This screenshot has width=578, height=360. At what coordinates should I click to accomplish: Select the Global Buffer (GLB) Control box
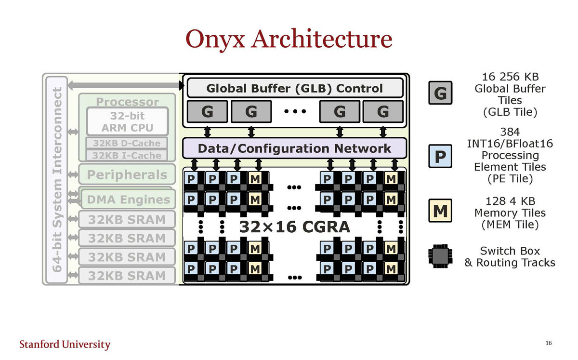(294, 88)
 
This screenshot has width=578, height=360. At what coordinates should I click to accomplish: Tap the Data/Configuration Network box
(294, 148)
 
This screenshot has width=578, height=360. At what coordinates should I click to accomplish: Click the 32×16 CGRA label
(294, 226)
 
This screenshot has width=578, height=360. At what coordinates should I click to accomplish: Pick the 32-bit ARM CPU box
(127, 122)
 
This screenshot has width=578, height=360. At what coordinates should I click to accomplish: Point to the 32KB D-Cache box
(127, 143)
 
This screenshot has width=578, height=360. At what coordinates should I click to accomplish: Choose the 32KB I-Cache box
(127, 155)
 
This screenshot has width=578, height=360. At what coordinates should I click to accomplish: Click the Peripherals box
(127, 175)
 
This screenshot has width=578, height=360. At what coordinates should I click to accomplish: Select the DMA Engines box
(128, 199)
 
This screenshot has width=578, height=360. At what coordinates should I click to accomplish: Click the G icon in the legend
(440, 93)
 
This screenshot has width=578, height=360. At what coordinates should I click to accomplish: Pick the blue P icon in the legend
(440, 156)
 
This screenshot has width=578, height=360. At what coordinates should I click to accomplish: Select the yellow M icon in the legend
(440, 211)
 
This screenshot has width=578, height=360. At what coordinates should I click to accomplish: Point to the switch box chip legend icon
(440, 256)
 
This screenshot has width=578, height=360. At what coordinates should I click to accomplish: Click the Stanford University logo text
(65, 344)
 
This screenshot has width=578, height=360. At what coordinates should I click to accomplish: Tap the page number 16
(548, 343)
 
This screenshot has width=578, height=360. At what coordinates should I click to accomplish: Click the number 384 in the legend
(510, 132)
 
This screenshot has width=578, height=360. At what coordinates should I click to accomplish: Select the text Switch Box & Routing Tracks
(510, 256)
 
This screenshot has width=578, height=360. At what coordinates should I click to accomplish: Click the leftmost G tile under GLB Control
(207, 112)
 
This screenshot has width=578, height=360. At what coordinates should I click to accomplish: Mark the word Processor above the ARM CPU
(127, 102)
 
